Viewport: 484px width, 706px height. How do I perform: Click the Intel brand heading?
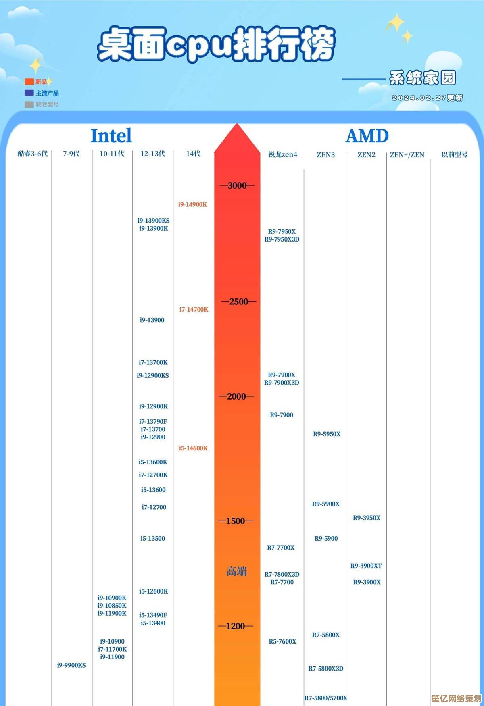pos(111,136)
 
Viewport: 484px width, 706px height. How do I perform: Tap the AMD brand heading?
pos(367,136)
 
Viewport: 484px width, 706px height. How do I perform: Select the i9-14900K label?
pos(193,204)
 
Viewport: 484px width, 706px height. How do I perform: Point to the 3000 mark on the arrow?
pos(237,185)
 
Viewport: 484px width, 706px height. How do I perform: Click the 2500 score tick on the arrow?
pos(238,301)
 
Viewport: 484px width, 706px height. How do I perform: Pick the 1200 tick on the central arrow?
pos(236,626)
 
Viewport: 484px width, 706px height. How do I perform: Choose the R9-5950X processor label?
pos(327,434)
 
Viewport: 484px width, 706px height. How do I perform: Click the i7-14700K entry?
pos(194,309)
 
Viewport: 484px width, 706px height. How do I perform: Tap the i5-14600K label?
pos(193,448)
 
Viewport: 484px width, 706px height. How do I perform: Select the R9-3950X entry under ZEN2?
pos(367,518)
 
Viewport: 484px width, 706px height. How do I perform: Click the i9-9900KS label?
pos(71,665)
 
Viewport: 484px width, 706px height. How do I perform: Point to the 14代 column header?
pos(193,154)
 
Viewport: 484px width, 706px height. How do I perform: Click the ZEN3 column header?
pos(325,155)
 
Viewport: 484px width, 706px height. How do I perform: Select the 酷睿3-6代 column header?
pos(32,154)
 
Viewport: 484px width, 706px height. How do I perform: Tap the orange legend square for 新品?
pos(29,82)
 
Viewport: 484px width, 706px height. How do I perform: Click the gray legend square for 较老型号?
pos(29,104)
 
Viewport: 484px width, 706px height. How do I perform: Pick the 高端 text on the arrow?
pos(236,571)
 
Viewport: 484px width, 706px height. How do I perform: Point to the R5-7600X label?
pos(282,641)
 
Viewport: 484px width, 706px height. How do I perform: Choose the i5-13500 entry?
pos(152,538)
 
